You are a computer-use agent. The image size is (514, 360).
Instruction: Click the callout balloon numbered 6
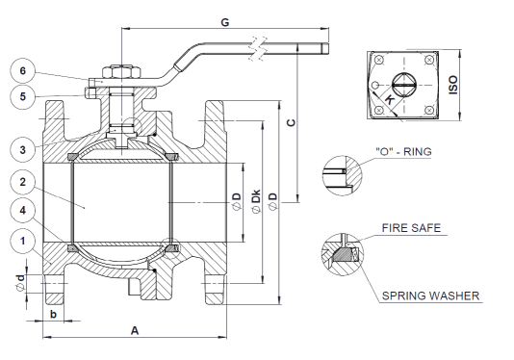[22, 71]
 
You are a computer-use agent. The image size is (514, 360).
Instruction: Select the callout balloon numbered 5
[22, 96]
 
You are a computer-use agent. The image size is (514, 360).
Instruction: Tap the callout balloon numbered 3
[22, 150]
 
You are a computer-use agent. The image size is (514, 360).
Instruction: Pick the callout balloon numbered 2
[22, 182]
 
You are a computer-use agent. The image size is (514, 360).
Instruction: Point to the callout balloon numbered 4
[22, 210]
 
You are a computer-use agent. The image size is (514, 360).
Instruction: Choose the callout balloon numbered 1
[22, 242]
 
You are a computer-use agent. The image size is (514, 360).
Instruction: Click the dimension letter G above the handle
[225, 22]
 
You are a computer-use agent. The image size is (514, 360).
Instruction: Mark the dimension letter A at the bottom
[135, 330]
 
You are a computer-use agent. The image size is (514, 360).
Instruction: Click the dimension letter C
[291, 122]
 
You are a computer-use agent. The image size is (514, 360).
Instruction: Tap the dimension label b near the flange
[53, 314]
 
